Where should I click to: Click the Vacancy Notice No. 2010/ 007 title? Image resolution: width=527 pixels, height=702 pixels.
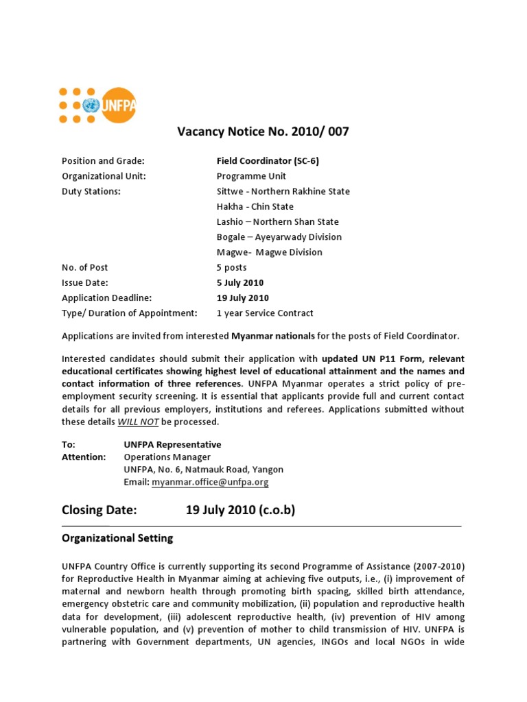click(263, 132)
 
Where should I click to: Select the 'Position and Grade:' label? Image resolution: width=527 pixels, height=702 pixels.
click(103, 161)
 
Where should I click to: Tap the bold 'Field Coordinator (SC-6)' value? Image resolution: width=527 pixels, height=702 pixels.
click(268, 161)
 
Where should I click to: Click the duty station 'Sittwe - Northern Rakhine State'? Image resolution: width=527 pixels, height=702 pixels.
click(283, 191)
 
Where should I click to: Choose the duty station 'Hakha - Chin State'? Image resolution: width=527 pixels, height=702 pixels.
click(255, 206)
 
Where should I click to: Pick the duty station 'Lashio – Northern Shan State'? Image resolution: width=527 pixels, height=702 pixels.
click(277, 221)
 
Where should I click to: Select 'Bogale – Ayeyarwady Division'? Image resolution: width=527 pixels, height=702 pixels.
click(279, 237)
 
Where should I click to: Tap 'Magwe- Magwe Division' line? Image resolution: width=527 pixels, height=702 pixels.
click(269, 252)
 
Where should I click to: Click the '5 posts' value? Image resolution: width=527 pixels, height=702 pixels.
click(231, 267)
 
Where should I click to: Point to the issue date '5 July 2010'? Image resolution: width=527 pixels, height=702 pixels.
click(239, 282)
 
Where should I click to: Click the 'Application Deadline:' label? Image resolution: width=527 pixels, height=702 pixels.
click(106, 298)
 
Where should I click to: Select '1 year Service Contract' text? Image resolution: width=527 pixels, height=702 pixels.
click(265, 313)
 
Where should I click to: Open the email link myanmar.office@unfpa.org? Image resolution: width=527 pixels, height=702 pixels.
click(210, 482)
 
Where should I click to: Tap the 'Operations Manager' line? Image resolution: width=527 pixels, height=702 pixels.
click(167, 457)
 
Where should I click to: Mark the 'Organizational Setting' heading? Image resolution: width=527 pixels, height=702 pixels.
click(117, 538)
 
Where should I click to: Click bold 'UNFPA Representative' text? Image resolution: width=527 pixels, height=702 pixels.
click(172, 444)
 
